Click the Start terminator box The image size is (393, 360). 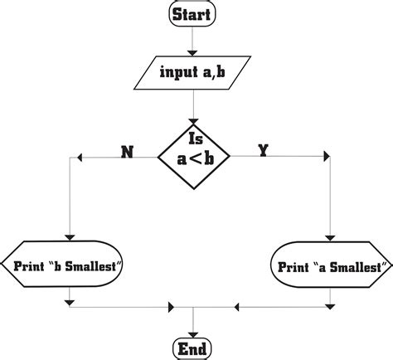(x=192, y=14)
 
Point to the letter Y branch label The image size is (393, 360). (x=262, y=151)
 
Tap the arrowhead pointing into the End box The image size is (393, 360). (x=192, y=330)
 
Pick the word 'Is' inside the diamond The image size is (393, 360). (x=196, y=139)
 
